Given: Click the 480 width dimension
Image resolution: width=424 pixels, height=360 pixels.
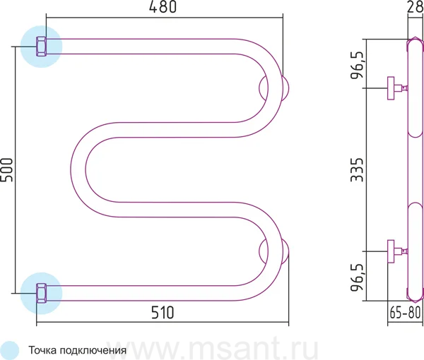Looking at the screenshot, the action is click(x=163, y=7).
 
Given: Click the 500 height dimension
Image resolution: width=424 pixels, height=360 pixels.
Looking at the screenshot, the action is click(x=6, y=170).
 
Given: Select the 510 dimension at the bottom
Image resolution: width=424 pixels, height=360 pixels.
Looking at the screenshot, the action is click(x=163, y=313).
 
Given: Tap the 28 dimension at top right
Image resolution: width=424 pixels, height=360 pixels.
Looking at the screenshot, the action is click(x=416, y=6).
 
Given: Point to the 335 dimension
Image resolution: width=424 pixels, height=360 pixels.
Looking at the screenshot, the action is click(x=357, y=170).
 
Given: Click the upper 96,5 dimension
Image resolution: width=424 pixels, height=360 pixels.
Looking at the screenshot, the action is click(x=357, y=64).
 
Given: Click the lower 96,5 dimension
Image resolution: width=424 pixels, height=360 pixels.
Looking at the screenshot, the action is click(x=357, y=277).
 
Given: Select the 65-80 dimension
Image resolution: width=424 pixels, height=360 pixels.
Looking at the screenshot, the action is click(x=405, y=313).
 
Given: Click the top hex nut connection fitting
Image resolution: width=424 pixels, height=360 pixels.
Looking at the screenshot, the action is click(x=42, y=47).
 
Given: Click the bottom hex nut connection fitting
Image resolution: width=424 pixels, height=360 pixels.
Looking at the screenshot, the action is click(x=42, y=293).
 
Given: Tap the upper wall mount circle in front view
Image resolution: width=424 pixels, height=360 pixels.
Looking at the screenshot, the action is click(x=274, y=88).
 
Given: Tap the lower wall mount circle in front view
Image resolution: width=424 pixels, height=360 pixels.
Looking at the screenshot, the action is click(x=274, y=251).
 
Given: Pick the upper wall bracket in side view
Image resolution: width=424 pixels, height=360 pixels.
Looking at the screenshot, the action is click(x=397, y=88).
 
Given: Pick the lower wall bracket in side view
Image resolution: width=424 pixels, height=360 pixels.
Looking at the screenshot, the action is click(x=397, y=251).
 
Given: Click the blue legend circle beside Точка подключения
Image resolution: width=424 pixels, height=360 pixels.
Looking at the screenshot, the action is click(x=10, y=350).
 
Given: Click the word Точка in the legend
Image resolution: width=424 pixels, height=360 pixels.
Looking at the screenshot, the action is click(x=42, y=350).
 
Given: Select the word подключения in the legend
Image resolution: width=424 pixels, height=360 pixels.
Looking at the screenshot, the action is click(x=93, y=351).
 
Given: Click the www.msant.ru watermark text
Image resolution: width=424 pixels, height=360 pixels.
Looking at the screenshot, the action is click(x=212, y=348).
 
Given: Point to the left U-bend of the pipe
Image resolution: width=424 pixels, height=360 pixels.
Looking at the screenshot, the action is click(x=78, y=169).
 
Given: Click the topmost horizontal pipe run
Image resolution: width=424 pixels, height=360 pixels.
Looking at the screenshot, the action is click(x=141, y=47).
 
